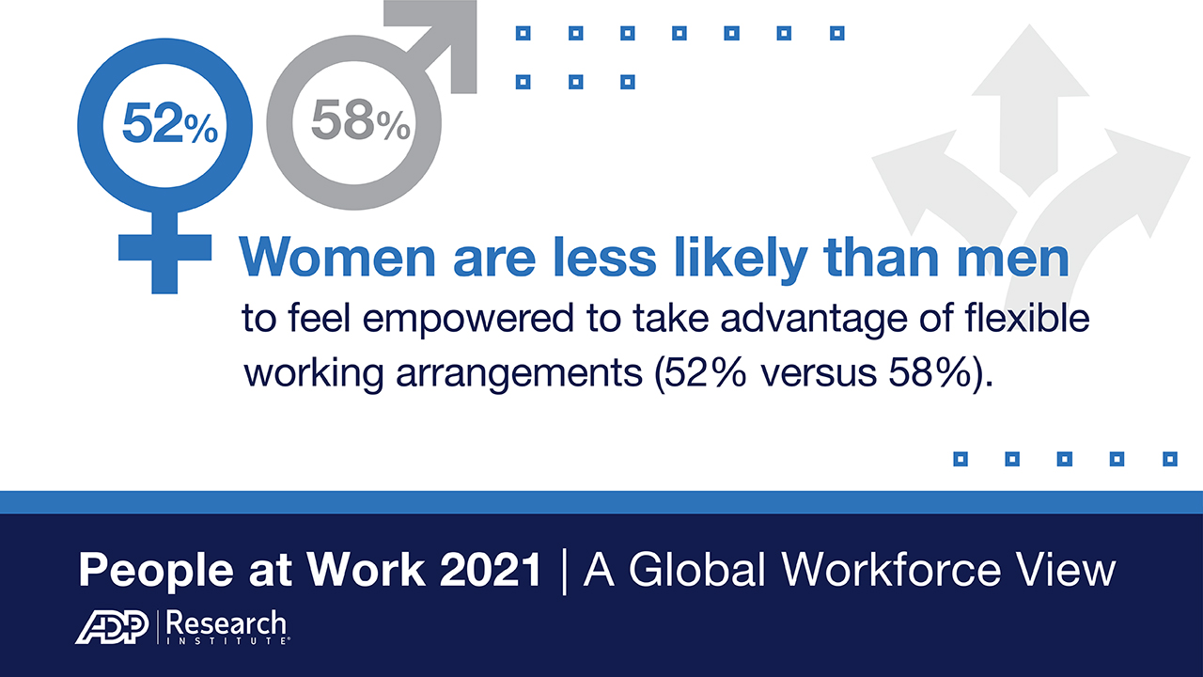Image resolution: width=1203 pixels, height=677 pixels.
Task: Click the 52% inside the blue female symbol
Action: (x=170, y=123)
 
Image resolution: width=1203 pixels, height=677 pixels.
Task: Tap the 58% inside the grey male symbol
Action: (x=361, y=120)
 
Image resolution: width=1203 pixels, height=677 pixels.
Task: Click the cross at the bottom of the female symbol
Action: (x=164, y=254)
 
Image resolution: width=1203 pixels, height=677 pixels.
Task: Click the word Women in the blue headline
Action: (x=337, y=258)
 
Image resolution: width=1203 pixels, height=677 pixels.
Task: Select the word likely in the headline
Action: (x=742, y=261)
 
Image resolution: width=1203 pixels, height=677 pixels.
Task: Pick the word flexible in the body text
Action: (x=1027, y=318)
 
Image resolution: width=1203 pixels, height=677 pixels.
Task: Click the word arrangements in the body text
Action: (x=519, y=374)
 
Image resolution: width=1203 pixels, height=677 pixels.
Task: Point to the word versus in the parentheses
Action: (x=819, y=373)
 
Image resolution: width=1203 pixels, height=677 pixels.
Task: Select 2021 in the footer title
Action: (x=491, y=570)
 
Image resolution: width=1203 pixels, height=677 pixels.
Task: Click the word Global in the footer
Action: (x=697, y=569)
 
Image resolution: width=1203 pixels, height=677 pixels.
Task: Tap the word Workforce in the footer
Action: (x=892, y=569)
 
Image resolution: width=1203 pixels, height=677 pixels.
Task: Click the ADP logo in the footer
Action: (x=112, y=626)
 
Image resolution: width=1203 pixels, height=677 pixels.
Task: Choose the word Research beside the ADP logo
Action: (x=227, y=623)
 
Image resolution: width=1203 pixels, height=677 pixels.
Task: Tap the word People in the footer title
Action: (x=156, y=571)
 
